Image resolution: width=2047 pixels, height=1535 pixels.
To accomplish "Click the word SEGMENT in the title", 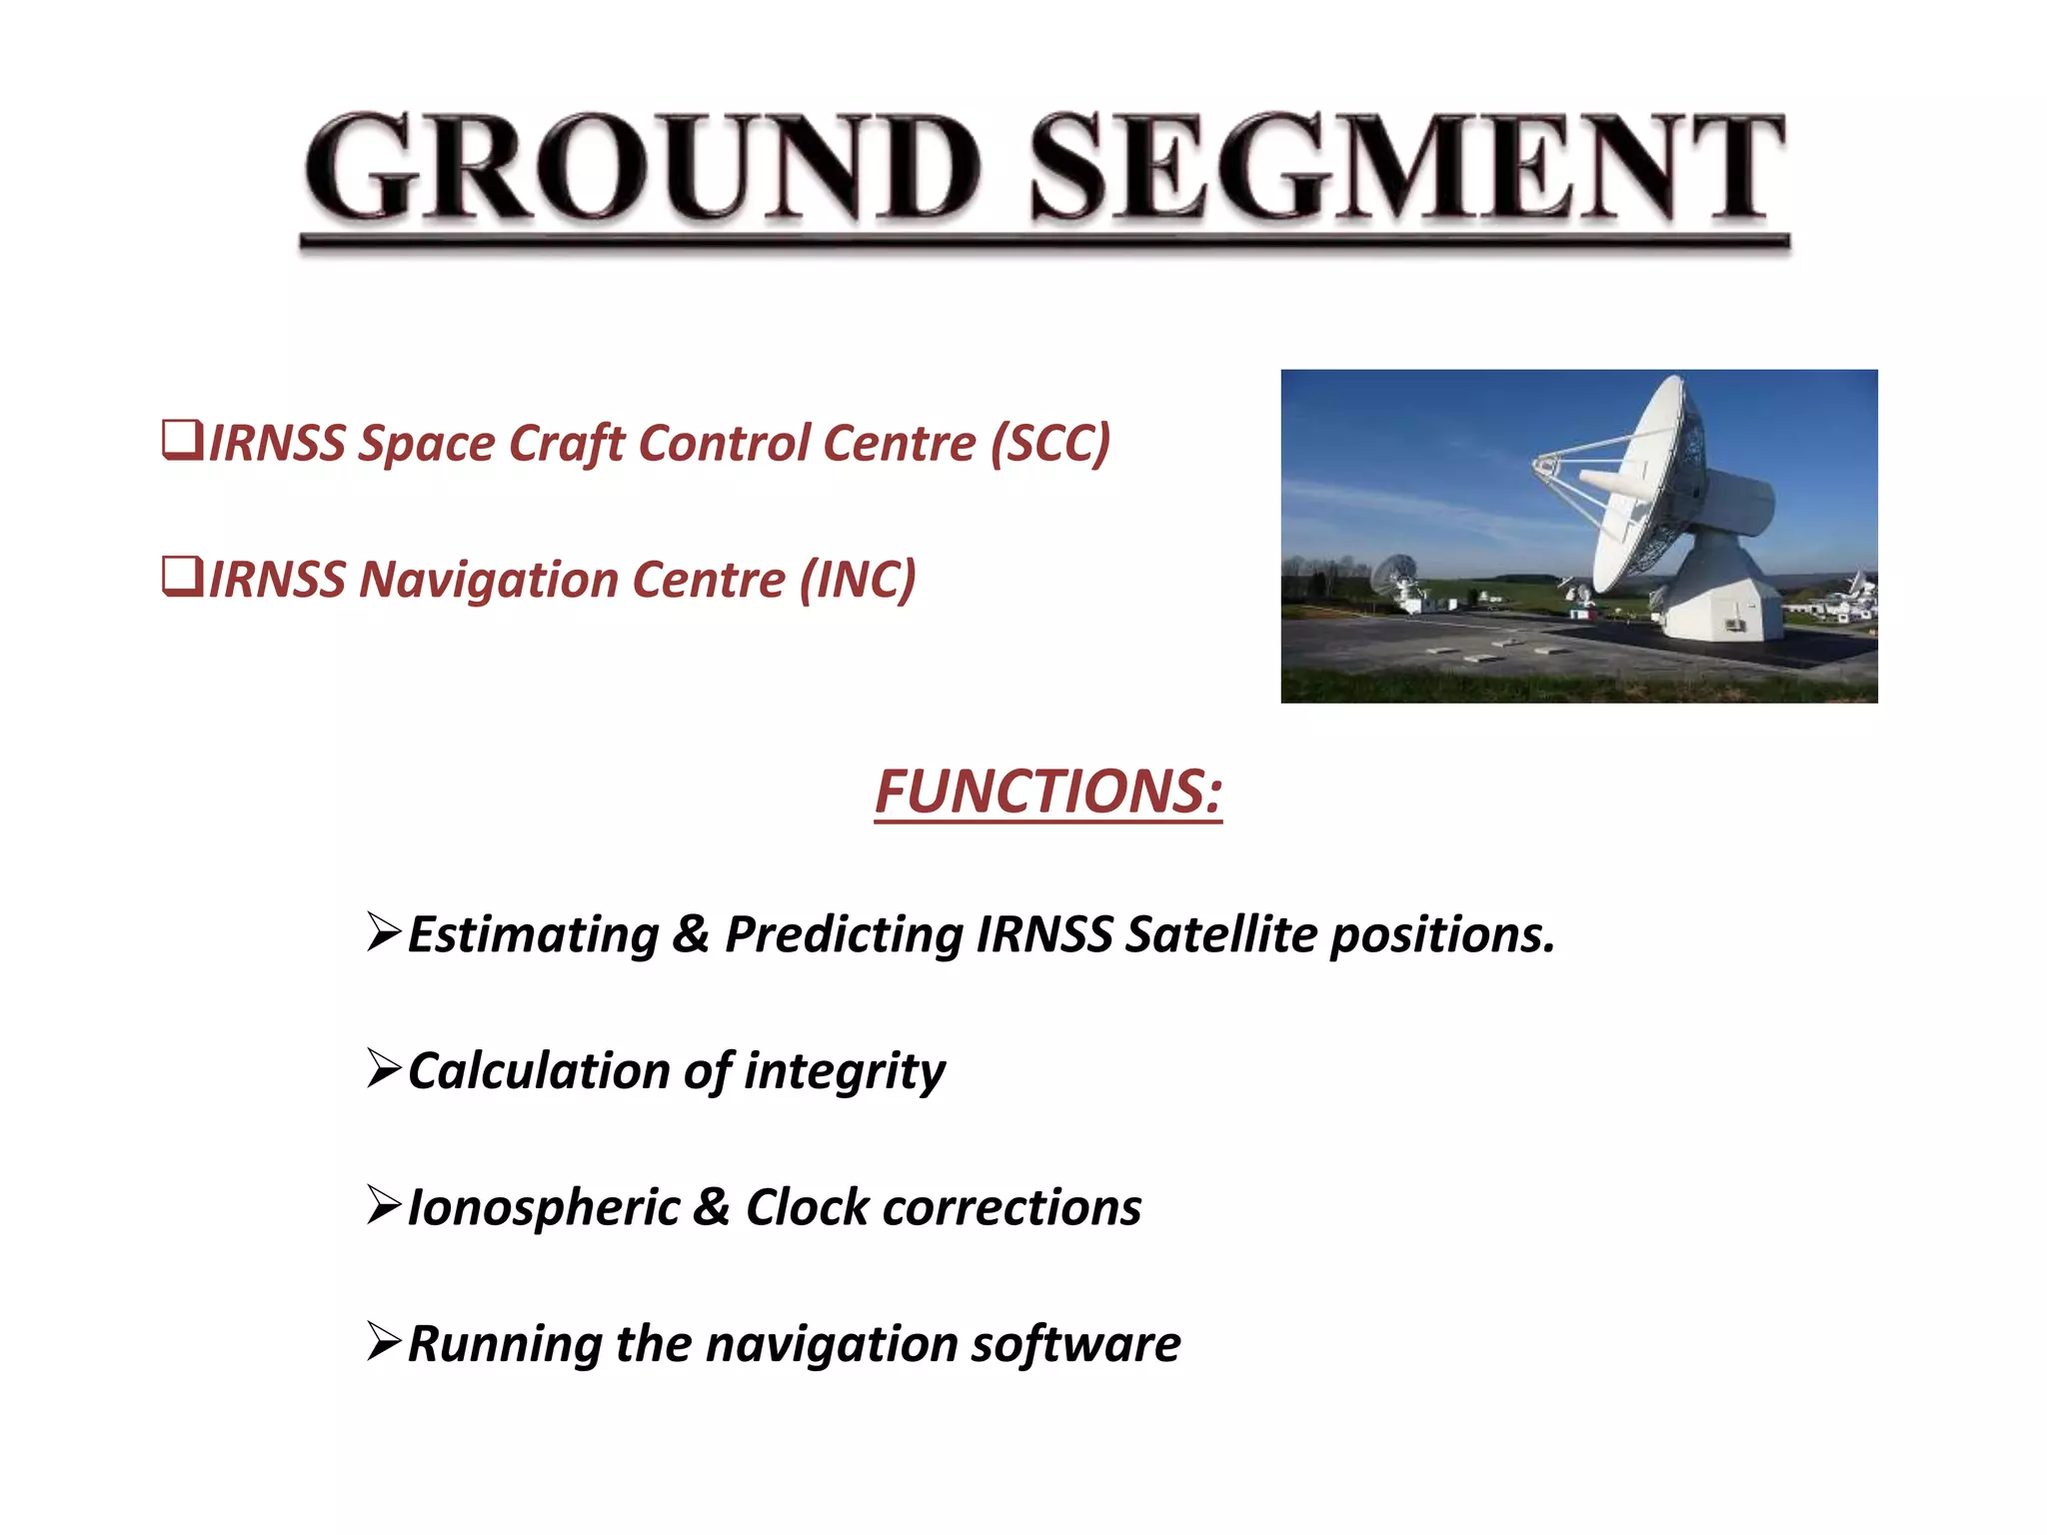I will [1407, 168].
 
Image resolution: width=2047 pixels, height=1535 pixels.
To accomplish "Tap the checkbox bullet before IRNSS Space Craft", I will [182, 441].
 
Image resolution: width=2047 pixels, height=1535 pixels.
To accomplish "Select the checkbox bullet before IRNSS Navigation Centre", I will [182, 578].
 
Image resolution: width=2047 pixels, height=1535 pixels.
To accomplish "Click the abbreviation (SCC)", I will [1049, 443].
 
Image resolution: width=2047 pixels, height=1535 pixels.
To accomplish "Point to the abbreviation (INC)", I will [858, 580].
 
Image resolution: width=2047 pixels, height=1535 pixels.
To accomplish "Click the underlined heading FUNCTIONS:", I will [1047, 791].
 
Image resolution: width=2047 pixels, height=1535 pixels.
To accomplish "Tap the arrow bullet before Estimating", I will [384, 931].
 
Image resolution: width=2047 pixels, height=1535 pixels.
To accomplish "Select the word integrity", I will [844, 1071].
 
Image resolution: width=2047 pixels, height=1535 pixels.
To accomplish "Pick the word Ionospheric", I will [544, 1207].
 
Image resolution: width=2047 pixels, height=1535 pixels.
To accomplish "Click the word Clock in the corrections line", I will [808, 1207].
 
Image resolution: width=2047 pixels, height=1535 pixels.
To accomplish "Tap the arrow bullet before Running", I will [384, 1341].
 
